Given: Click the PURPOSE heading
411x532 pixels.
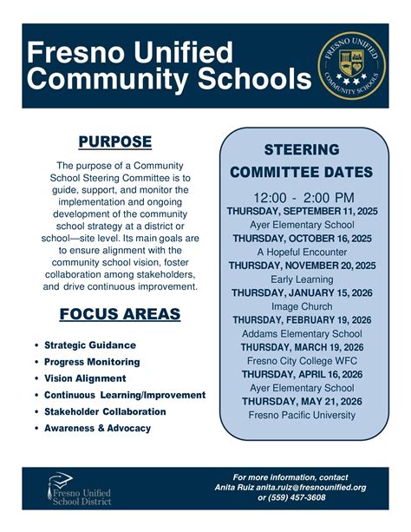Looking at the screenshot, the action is pos(115,141).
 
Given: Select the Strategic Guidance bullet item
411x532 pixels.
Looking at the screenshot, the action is pos(90,345).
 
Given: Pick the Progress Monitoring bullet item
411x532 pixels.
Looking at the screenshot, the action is pos(92,361).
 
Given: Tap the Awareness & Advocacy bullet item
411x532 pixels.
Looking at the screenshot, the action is pos(97,428).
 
